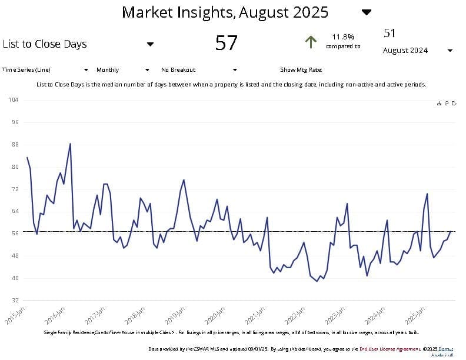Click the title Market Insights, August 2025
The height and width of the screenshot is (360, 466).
point(225,12)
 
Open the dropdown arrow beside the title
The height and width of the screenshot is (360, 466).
point(367,12)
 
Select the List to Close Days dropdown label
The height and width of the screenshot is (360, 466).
point(45,44)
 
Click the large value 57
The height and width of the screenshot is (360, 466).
point(226,43)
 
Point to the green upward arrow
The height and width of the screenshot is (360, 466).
point(311,42)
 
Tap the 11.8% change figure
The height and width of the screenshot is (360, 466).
point(343,36)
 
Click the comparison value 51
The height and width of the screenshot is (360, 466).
point(390,32)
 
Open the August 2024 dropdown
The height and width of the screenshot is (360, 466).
point(450,51)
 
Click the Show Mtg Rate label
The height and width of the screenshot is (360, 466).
point(301,70)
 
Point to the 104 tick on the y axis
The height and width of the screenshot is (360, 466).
point(14,100)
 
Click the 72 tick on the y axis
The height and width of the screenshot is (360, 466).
point(15,189)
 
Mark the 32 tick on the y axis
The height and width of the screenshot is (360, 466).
point(15,300)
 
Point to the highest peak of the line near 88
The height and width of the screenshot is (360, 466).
point(71,144)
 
